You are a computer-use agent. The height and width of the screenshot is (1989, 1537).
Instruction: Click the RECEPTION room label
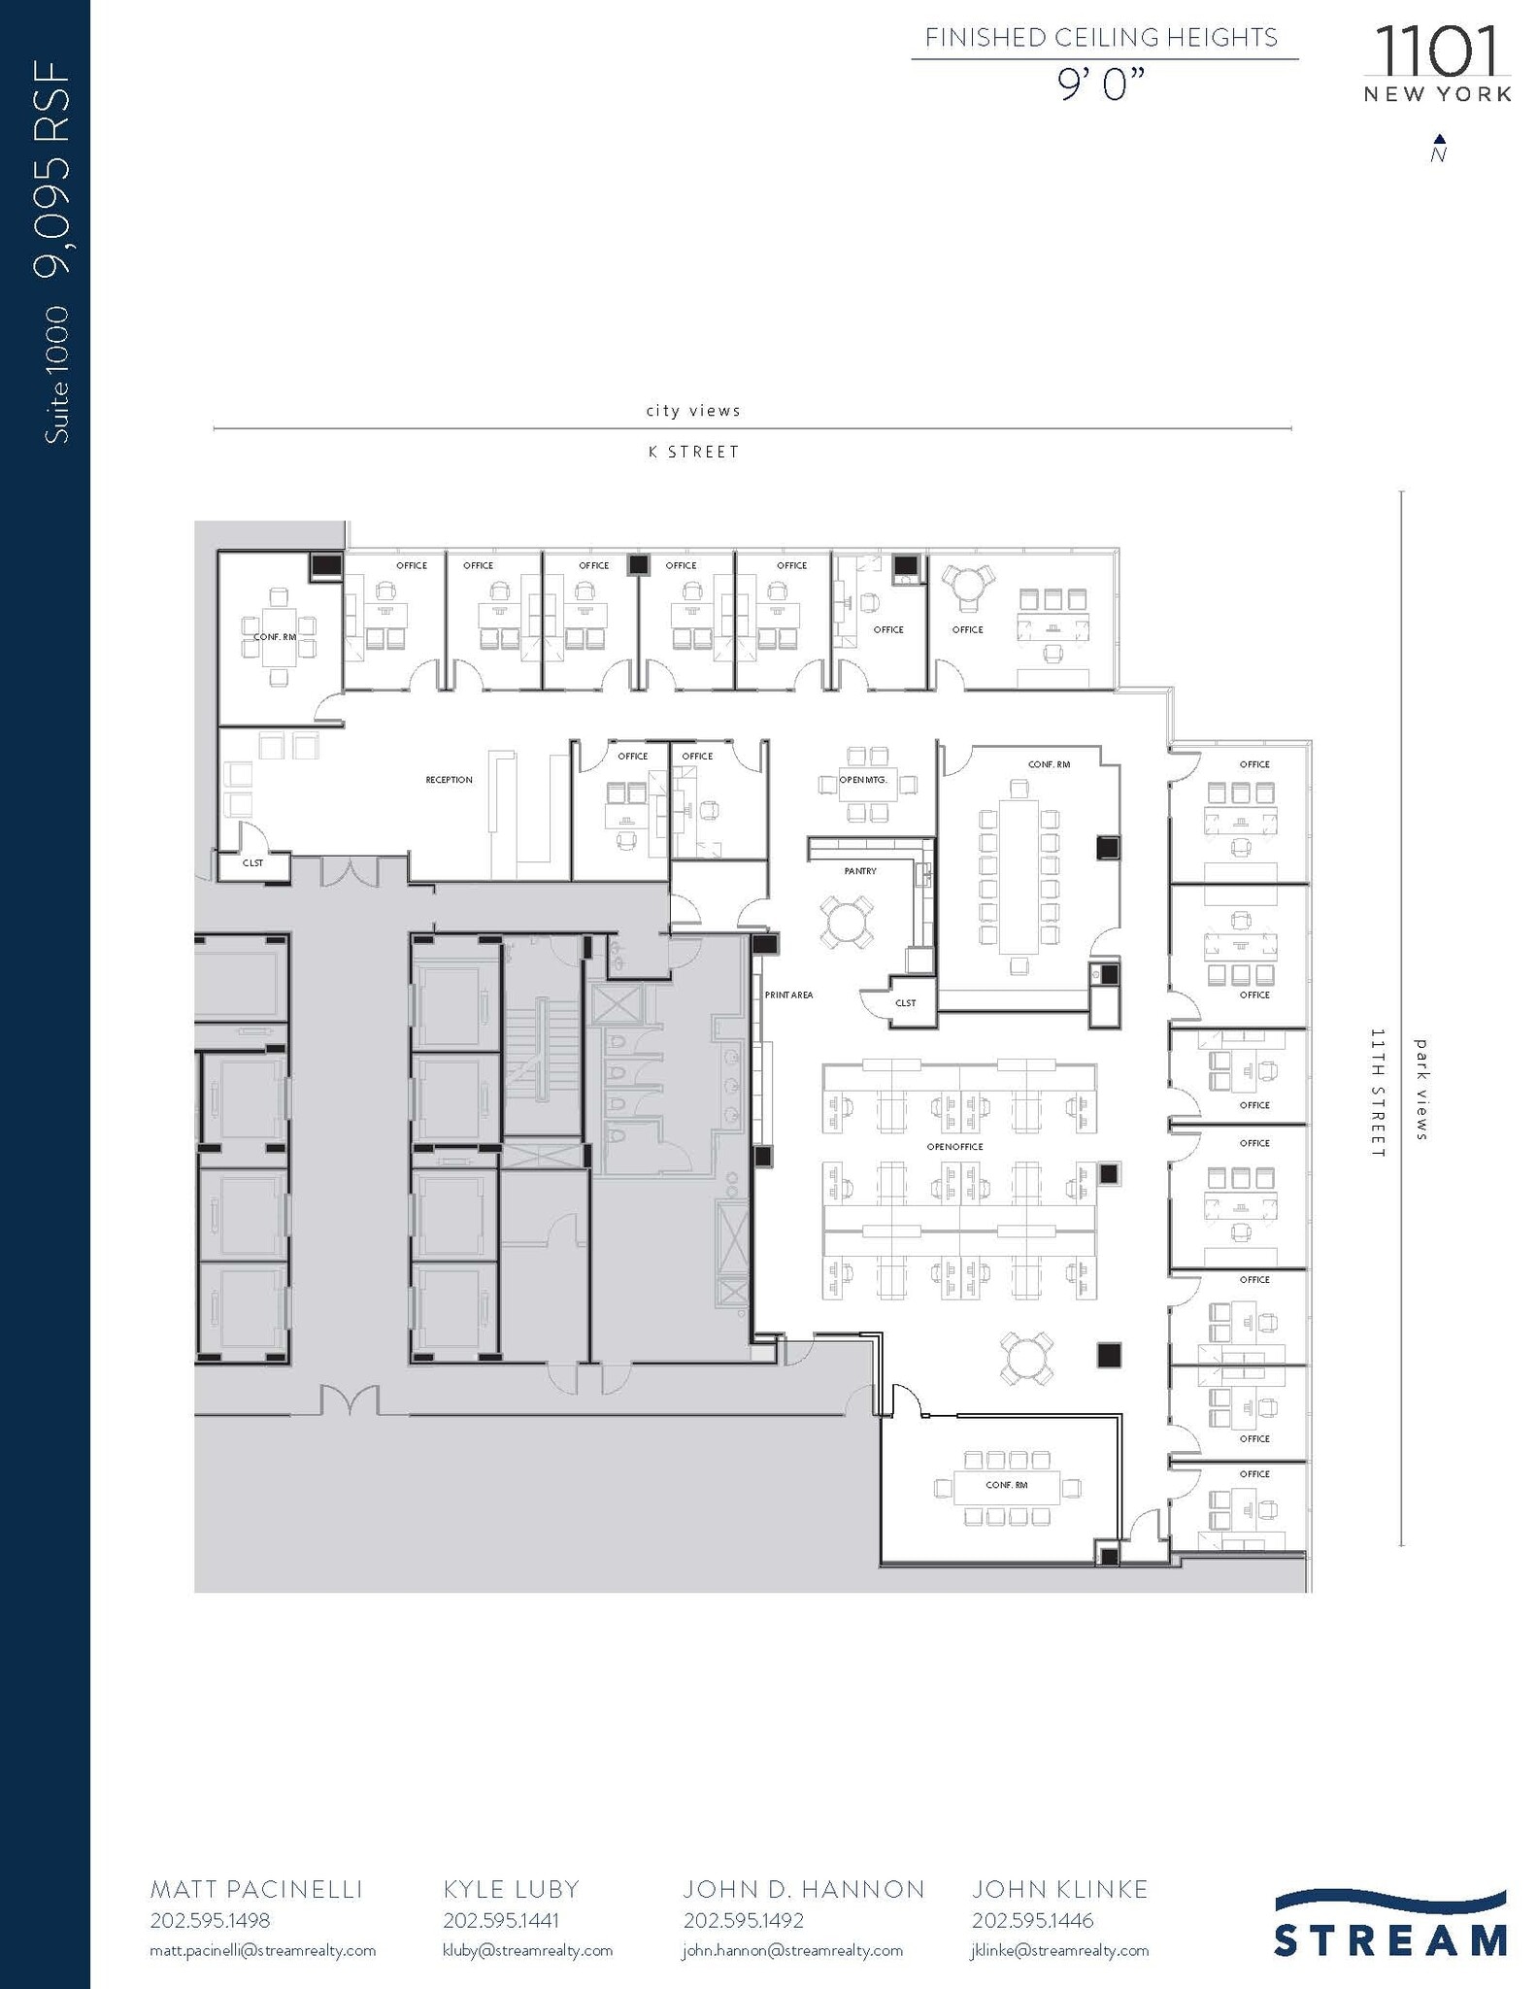[x=449, y=780]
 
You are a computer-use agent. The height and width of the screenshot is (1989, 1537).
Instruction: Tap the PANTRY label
[x=860, y=871]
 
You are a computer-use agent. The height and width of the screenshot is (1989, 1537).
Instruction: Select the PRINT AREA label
[x=788, y=995]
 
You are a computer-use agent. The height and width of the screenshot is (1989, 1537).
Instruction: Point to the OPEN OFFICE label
[x=954, y=1147]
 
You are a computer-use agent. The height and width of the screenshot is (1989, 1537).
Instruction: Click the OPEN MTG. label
[x=863, y=780]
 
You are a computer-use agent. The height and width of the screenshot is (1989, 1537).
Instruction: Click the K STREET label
[x=693, y=453]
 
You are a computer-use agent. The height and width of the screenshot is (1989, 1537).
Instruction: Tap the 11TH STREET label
[x=1377, y=1093]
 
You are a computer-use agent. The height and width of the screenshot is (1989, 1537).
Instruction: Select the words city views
[x=693, y=411]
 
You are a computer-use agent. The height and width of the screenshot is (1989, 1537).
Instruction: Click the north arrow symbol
[x=1439, y=149]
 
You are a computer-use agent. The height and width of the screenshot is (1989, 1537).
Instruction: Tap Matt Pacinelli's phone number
[x=210, y=1920]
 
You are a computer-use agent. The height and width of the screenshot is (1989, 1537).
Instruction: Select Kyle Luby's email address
[x=527, y=1950]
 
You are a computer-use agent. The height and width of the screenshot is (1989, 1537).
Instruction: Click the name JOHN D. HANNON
[x=803, y=1889]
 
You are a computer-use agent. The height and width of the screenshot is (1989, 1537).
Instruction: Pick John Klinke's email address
[x=1059, y=1950]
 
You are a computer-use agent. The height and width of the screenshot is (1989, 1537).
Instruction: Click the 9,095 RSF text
[x=53, y=169]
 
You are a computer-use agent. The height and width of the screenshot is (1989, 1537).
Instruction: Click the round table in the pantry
[x=845, y=921]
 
